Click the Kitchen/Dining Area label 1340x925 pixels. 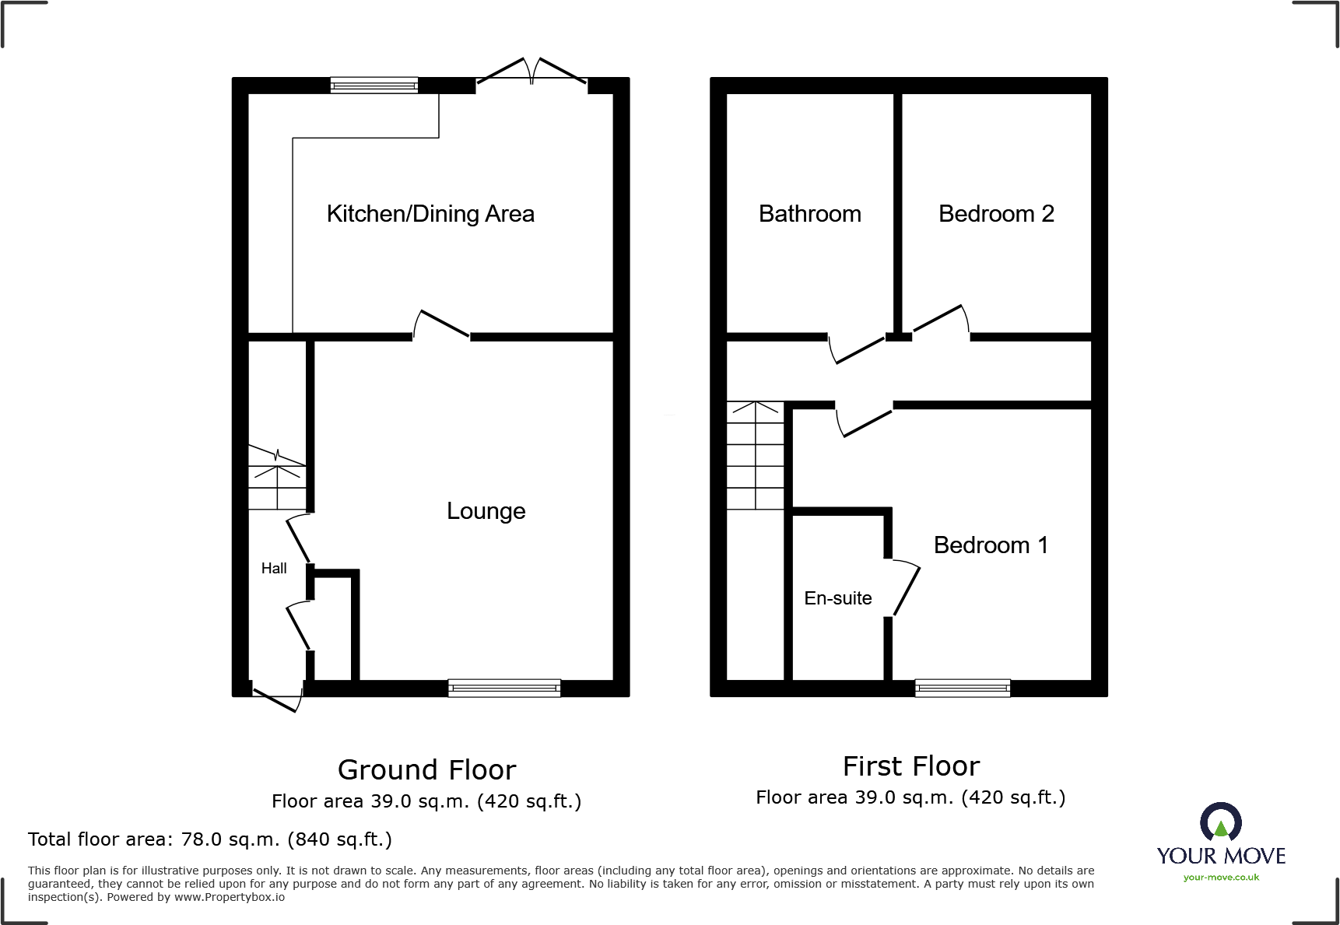point(430,214)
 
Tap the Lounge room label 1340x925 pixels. point(486,511)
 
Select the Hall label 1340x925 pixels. point(274,569)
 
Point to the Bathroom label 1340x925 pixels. point(809,214)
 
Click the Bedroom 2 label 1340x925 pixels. point(996,214)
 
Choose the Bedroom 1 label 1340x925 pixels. point(990,545)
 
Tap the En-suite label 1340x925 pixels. point(837,598)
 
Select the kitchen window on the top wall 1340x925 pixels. point(374,86)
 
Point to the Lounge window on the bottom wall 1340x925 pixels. point(504,688)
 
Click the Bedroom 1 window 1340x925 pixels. point(963,688)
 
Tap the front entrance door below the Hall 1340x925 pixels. point(277,697)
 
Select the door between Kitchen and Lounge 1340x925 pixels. point(441,325)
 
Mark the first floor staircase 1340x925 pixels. point(755,455)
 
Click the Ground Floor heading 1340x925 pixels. point(426,769)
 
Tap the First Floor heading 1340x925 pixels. point(910,766)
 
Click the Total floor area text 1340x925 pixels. point(209,839)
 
